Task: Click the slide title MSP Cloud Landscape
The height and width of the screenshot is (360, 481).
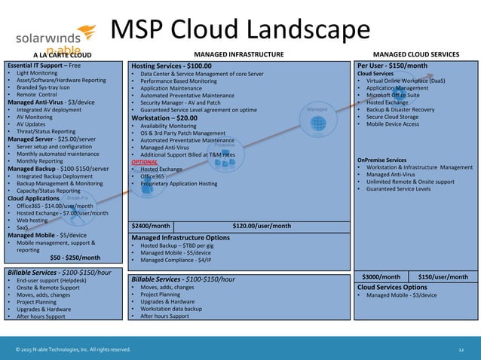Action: click(240, 29)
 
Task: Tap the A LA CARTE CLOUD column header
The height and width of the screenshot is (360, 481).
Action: click(62, 55)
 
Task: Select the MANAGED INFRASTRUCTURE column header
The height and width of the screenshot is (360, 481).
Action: click(239, 54)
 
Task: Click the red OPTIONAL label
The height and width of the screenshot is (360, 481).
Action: click(144, 162)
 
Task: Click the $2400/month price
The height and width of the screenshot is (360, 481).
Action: click(151, 225)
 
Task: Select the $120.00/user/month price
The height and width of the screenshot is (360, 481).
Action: click(262, 225)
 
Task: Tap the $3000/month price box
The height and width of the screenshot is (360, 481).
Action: click(381, 276)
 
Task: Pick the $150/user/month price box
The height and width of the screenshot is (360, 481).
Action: click(443, 276)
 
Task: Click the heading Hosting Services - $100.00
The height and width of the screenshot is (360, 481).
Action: click(171, 66)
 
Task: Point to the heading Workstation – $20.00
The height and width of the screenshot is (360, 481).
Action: click(164, 118)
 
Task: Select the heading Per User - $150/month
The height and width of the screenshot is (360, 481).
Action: click(392, 66)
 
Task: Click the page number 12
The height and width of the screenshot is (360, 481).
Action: click(461, 349)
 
